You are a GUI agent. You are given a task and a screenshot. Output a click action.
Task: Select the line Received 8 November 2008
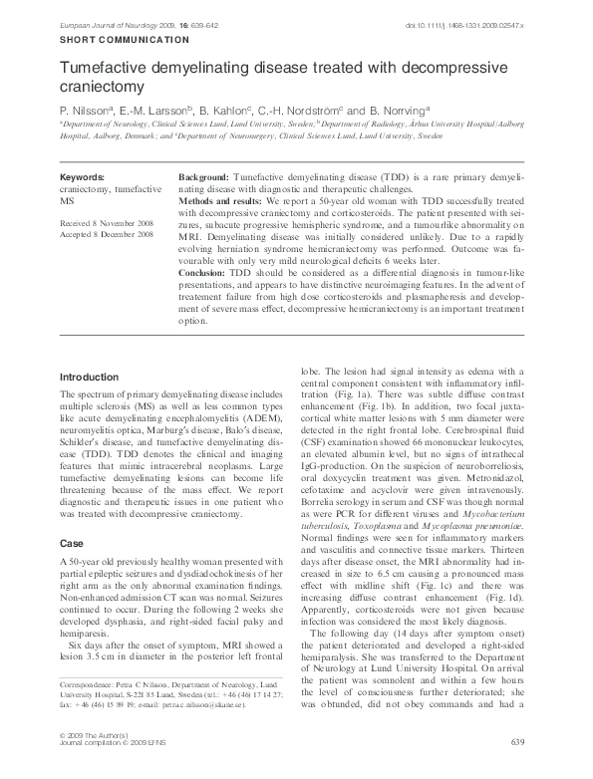107,225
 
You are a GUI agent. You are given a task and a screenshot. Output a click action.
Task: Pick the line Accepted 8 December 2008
106,236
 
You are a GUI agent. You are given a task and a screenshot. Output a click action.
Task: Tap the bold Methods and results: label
224,200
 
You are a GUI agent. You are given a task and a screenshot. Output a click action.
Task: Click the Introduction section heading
93,378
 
